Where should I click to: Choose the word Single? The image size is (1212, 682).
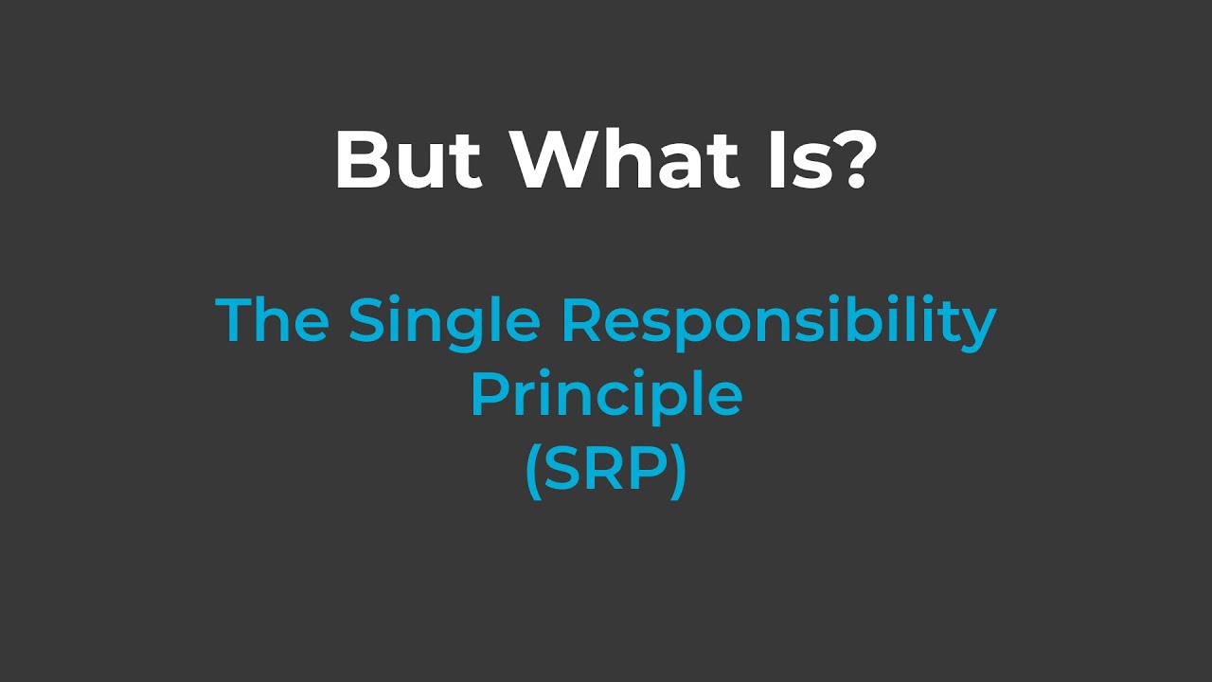444,322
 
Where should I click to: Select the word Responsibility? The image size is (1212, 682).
778,322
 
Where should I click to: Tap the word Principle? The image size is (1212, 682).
606,396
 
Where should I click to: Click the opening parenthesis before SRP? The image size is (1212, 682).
532,471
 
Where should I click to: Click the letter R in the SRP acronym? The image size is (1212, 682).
605,470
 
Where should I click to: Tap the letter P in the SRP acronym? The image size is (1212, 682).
647,470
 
